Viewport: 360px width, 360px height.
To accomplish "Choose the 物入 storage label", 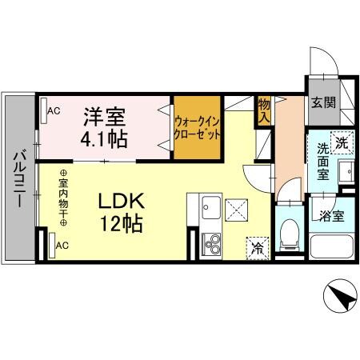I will click(x=263, y=110).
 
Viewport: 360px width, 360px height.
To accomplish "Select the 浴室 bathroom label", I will click(x=330, y=215).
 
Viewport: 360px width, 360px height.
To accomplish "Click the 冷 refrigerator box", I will click(x=258, y=248).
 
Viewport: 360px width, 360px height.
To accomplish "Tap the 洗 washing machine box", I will click(x=342, y=144).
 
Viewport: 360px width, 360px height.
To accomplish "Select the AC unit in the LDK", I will click(x=53, y=246).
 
